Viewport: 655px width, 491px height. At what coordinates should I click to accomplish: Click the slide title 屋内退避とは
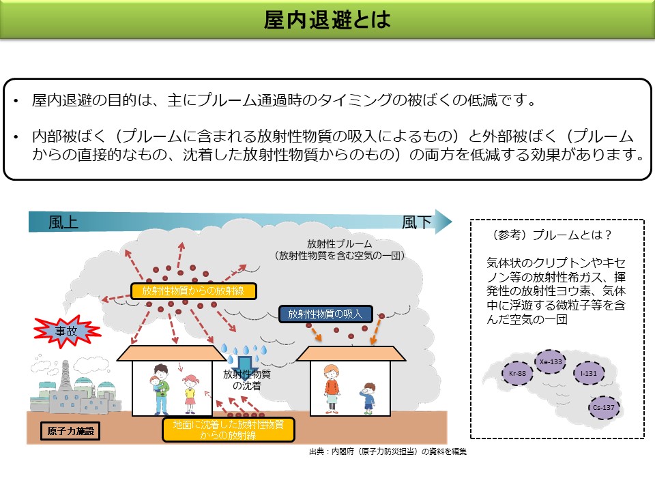click(x=327, y=20)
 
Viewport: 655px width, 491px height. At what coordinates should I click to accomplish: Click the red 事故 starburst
click(x=68, y=332)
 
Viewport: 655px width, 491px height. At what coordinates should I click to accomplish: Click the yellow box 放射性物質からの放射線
click(x=194, y=291)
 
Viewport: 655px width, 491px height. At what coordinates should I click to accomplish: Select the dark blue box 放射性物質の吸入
click(x=325, y=314)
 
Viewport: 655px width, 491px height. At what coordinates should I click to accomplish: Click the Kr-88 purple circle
click(x=517, y=373)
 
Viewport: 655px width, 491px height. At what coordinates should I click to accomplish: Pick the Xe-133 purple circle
click(x=551, y=361)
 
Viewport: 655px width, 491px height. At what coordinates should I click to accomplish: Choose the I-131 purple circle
click(x=589, y=373)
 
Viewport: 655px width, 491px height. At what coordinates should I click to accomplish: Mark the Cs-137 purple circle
click(x=605, y=408)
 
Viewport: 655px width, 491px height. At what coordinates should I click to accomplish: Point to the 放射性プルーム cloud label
click(x=339, y=250)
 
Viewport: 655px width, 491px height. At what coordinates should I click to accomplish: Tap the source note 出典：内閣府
click(x=387, y=451)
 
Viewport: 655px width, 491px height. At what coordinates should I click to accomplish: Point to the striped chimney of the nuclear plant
click(x=65, y=376)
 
